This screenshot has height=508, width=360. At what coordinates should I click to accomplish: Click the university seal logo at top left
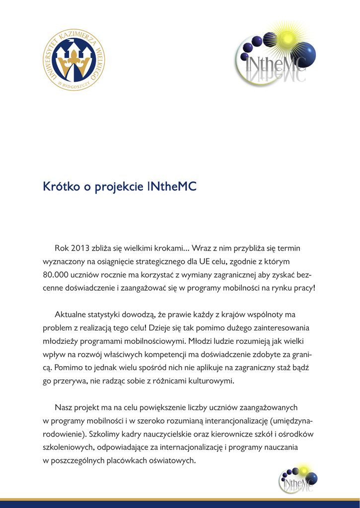pyautogui.click(x=74, y=61)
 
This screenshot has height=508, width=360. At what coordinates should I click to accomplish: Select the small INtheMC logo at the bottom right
pyautogui.click(x=297, y=479)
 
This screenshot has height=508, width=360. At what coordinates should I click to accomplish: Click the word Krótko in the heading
pyautogui.click(x=59, y=187)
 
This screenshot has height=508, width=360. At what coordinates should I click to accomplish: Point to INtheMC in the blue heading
pyautogui.click(x=172, y=187)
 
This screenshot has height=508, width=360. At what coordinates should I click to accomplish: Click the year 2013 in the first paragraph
pyautogui.click(x=80, y=248)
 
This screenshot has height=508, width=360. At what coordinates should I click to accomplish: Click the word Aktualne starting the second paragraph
pyautogui.click(x=70, y=315)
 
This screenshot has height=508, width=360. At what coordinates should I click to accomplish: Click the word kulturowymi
pyautogui.click(x=211, y=381)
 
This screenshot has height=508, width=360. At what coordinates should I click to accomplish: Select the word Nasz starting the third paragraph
pyautogui.click(x=64, y=408)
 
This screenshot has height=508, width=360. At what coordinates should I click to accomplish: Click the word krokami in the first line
pyautogui.click(x=170, y=248)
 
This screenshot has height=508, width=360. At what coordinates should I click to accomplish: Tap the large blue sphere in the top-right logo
pyautogui.click(x=303, y=54)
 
